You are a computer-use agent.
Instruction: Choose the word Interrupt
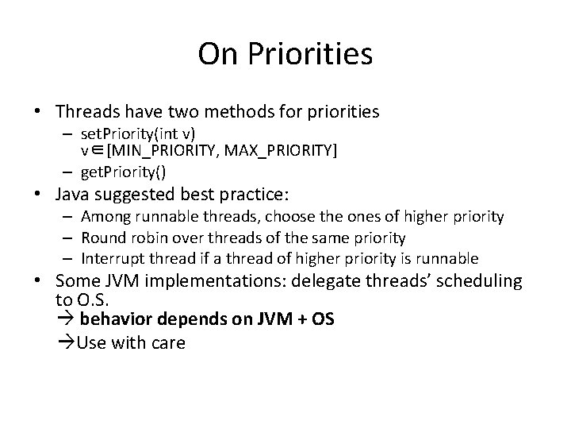click(x=109, y=258)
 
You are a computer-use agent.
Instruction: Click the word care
click(x=167, y=342)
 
